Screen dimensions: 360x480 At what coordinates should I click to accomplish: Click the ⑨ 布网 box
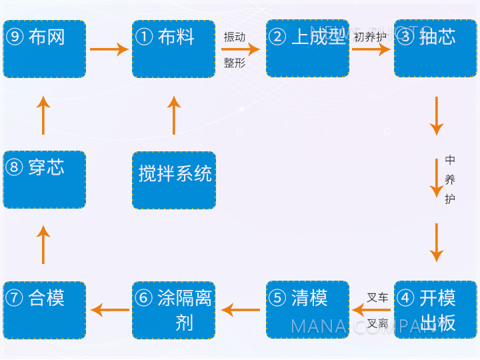point(45,49)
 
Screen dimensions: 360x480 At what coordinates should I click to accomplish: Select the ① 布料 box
point(173,49)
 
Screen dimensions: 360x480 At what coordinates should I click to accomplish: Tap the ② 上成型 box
point(307,49)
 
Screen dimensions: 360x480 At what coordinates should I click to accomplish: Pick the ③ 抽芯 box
point(435,49)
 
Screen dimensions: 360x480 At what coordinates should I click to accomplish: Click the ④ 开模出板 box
point(435,310)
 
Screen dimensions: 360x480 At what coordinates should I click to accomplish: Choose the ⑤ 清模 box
point(307,310)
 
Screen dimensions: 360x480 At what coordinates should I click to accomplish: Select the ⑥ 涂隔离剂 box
point(173,310)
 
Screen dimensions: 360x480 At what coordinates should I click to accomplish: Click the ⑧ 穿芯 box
point(45,179)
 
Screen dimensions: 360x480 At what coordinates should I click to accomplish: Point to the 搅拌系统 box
point(173,179)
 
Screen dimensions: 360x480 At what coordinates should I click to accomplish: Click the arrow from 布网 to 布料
point(109,49)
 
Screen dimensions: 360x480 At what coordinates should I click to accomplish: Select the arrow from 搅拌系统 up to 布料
point(174,115)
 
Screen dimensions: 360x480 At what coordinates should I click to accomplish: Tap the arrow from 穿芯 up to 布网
point(44,115)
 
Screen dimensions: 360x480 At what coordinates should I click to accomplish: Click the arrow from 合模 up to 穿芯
point(44,245)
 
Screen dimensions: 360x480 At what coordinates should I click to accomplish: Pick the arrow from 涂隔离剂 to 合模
point(110,309)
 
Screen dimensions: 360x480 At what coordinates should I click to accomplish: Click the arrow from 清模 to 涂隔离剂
point(241,309)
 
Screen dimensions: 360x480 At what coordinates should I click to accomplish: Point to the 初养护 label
point(370,36)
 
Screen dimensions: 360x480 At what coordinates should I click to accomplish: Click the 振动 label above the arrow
point(235,37)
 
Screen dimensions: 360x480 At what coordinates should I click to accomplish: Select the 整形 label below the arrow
point(235,63)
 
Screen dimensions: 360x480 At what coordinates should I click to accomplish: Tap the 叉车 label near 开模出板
point(377,297)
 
